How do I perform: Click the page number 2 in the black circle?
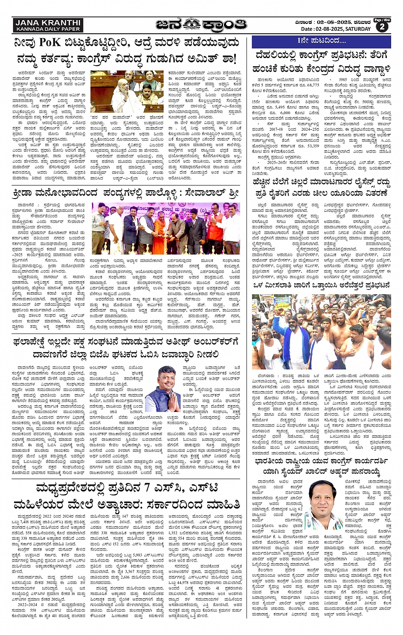382,27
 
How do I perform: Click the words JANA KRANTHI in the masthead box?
47,22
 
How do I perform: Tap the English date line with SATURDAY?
336,29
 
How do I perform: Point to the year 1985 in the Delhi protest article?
343,79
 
